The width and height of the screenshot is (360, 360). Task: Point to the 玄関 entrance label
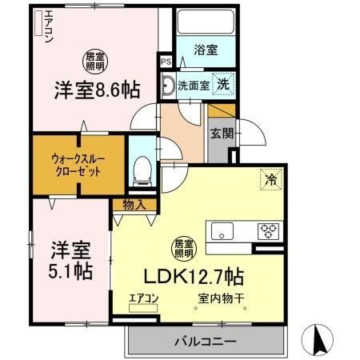(x=220, y=133)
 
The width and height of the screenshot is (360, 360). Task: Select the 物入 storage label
(x=134, y=205)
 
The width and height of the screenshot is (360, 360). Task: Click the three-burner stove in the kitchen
(x=267, y=233)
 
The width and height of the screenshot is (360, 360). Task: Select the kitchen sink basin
(x=221, y=233)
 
